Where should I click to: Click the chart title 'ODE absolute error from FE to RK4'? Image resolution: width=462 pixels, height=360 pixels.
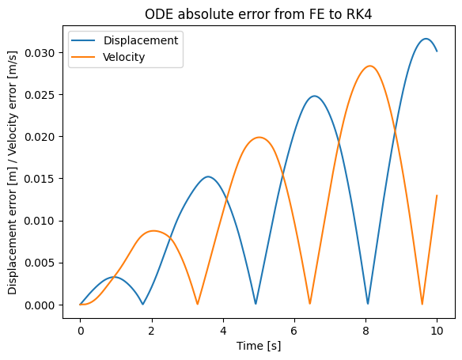point(259,14)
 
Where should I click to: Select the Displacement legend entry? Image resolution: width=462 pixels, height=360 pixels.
point(125,40)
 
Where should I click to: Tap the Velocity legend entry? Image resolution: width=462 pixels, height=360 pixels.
point(108,57)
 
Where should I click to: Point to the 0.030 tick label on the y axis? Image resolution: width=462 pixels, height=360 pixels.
point(40,53)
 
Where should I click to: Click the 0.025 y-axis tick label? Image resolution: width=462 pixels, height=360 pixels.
point(40,95)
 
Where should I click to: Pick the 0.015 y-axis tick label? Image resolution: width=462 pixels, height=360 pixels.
point(40,179)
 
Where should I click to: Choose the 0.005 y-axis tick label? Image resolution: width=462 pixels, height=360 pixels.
point(40,263)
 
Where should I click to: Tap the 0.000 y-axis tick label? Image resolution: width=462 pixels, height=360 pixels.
point(40,305)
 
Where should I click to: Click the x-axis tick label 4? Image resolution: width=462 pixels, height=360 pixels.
point(223,332)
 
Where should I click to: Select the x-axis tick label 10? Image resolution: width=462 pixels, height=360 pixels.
point(437,332)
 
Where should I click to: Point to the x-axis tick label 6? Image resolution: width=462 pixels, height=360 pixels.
point(294,332)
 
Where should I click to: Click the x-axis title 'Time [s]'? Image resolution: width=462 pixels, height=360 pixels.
point(259,346)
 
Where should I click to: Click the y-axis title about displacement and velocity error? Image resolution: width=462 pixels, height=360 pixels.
point(13,172)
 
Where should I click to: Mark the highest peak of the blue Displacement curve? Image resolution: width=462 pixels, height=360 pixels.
point(426,39)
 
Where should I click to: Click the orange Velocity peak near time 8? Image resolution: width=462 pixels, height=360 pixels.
point(369,66)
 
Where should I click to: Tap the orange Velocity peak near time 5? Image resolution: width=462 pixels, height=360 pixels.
point(259,138)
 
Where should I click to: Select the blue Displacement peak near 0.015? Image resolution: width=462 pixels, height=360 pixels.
point(208,176)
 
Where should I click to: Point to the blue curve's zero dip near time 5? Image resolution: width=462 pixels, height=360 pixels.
point(256,304)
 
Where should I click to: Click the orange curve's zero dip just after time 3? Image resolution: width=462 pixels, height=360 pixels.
point(198,304)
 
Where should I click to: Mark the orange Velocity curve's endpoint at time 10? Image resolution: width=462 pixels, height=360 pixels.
point(437,195)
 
